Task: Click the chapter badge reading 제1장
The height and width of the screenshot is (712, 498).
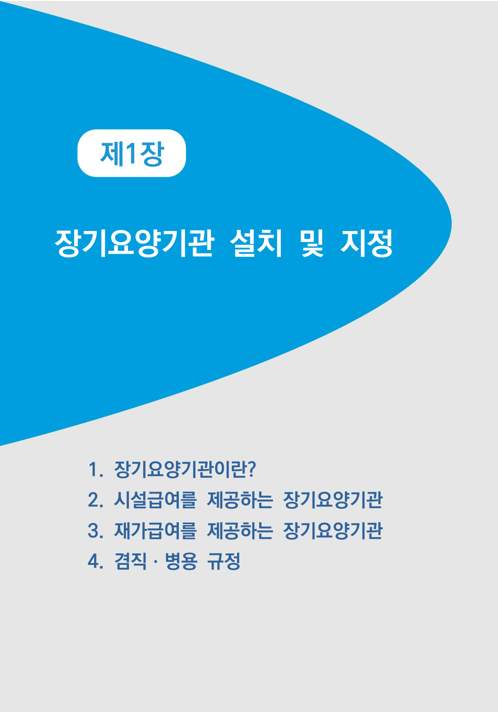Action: (131, 153)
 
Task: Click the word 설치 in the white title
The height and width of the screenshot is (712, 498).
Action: (256, 243)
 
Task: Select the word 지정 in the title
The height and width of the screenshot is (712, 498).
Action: (367, 243)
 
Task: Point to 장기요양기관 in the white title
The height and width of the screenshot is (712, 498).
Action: (134, 243)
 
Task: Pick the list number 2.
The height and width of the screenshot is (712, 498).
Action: (95, 500)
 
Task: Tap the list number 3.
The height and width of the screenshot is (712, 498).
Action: (95, 530)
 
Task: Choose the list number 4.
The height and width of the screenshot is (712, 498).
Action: (95, 561)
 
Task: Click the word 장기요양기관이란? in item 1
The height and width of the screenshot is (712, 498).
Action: (185, 470)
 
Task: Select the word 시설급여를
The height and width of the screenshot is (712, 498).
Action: (155, 500)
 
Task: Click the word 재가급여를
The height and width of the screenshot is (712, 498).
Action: (155, 530)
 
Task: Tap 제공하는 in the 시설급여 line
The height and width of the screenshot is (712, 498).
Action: (240, 500)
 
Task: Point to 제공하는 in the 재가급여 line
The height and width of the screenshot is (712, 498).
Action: (240, 530)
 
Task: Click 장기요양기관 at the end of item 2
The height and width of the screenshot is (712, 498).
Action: (333, 500)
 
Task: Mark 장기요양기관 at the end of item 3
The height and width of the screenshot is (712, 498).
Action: (333, 530)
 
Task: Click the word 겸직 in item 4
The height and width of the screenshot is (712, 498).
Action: (130, 561)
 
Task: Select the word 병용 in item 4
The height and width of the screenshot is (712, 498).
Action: (181, 561)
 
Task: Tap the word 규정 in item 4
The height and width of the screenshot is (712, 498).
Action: (224, 561)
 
